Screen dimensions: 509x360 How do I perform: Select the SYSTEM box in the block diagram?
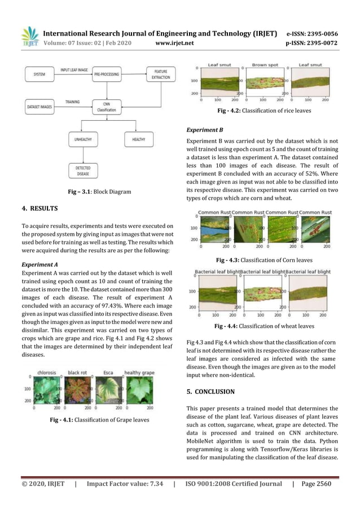pyautogui.click(x=40, y=74)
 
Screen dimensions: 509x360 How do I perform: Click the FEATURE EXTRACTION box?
pyautogui.click(x=160, y=74)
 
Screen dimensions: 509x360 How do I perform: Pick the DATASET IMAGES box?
pyautogui.click(x=40, y=106)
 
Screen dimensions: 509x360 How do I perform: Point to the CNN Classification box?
pyautogui.click(x=106, y=107)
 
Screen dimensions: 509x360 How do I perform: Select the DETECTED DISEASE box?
pyautogui.click(x=82, y=170)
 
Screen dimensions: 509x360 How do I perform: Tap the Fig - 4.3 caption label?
pyautogui.click(x=228, y=260)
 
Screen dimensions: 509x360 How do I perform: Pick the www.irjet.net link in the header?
pyautogui.click(x=174, y=42)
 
